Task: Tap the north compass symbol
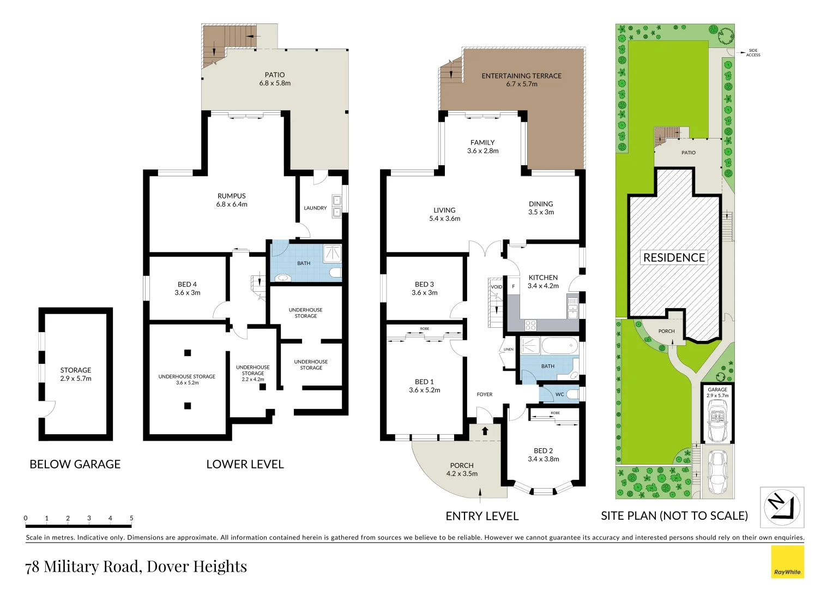tap(782, 507)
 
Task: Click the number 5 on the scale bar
tap(131, 518)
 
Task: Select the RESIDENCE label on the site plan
tap(674, 257)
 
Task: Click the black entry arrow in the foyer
tap(485, 431)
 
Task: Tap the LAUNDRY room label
tap(315, 208)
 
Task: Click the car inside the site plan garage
tap(717, 421)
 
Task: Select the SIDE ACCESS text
tap(753, 52)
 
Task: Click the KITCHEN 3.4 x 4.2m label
tap(543, 281)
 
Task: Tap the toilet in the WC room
tap(572, 394)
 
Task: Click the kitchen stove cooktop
tap(530, 326)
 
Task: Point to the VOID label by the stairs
tap(496, 287)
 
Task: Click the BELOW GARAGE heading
tap(75, 464)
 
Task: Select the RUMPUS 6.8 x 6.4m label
tap(232, 200)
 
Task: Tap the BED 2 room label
tap(543, 454)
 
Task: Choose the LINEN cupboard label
tap(508, 349)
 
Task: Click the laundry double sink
tap(337, 206)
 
